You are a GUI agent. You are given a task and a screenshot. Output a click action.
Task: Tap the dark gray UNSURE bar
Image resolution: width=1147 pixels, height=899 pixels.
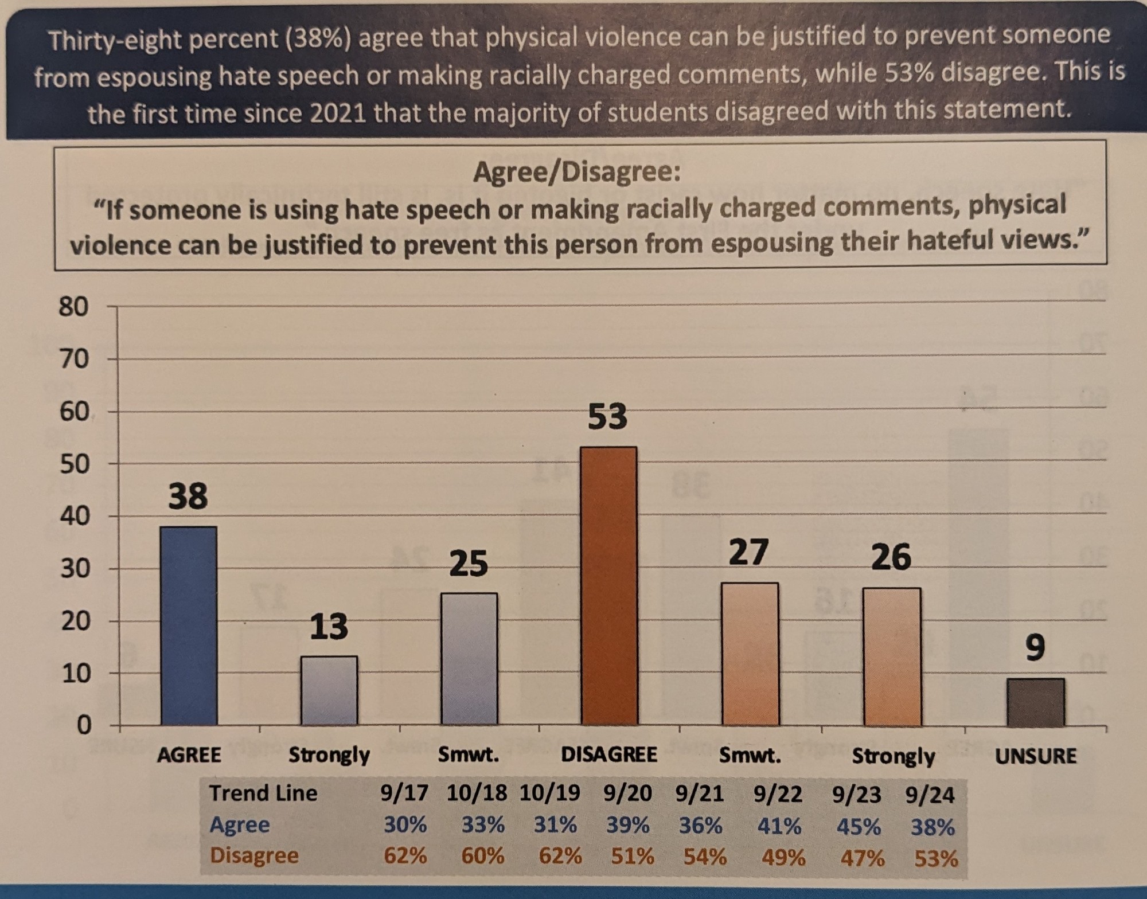click(x=1036, y=702)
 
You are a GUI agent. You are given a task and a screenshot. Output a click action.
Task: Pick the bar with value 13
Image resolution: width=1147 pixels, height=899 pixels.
click(x=329, y=690)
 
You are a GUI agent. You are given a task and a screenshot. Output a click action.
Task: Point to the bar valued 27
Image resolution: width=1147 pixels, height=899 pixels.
click(x=750, y=654)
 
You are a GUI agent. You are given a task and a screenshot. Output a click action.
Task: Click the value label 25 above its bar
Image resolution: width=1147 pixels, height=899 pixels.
click(x=469, y=563)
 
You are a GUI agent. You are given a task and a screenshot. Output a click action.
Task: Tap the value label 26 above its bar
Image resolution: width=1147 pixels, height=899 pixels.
click(x=891, y=557)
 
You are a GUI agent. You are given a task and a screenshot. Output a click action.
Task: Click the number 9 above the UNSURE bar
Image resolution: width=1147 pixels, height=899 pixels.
click(x=1035, y=648)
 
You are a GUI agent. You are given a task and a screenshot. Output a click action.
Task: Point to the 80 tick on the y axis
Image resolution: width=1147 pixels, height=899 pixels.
click(x=73, y=307)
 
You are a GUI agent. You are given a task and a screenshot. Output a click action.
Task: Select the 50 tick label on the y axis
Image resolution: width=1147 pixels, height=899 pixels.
click(x=74, y=464)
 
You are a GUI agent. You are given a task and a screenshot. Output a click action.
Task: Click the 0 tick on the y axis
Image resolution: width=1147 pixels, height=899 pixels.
click(x=83, y=726)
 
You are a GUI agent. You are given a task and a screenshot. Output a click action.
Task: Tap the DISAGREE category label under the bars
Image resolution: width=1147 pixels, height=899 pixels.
click(x=609, y=754)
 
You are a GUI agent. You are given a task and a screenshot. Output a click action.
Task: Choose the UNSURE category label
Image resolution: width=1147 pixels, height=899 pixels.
click(x=1036, y=756)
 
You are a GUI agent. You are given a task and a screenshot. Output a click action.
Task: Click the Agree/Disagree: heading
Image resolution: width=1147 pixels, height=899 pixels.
click(x=576, y=172)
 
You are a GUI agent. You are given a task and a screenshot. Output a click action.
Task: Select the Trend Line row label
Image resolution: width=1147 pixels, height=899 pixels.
click(x=263, y=793)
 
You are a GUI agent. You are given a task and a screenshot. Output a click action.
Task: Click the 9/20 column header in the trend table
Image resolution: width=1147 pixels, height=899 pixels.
click(x=627, y=794)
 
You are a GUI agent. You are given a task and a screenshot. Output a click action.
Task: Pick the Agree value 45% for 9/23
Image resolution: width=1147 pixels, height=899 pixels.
click(x=858, y=826)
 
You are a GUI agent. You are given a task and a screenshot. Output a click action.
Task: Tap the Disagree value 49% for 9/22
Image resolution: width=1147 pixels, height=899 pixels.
click(x=783, y=858)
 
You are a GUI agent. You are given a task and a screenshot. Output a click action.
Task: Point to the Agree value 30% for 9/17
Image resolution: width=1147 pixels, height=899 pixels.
click(x=405, y=824)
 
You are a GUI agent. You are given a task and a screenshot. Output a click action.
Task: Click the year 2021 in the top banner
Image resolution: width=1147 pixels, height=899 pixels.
click(x=338, y=113)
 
